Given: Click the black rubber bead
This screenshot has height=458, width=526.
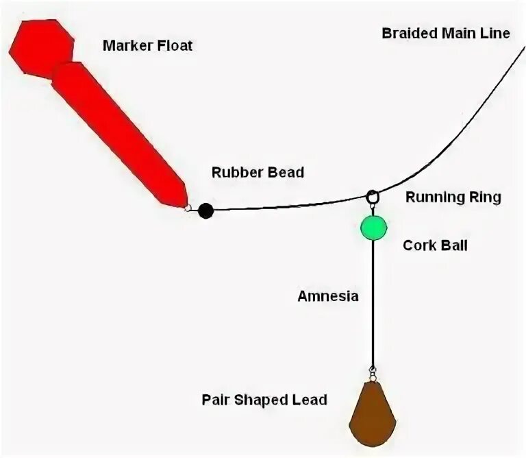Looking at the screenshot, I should coord(205,210).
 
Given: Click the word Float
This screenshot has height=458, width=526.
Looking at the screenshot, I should coord(176,46).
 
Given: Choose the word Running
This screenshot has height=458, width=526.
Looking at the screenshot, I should coord(434,197).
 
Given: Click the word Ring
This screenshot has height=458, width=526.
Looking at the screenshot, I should coord(484,197).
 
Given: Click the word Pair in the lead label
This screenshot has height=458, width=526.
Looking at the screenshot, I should coord(216,399).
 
